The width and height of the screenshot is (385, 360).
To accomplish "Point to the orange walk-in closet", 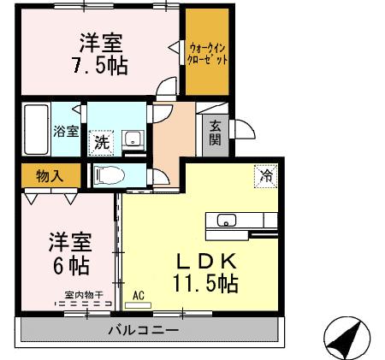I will coord(208,53).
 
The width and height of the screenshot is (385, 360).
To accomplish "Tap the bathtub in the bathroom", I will coord(38,129).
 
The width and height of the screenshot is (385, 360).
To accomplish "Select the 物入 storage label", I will coord(49,174).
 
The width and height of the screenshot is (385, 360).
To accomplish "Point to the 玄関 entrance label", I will coord(216,133).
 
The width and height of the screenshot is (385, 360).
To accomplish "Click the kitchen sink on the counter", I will coord(227,221).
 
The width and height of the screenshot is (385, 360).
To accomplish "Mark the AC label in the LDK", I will coord(139,297).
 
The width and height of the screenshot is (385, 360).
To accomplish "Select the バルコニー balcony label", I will coord(143,330).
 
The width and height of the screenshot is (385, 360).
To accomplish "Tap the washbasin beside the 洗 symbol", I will coord(133,139).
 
